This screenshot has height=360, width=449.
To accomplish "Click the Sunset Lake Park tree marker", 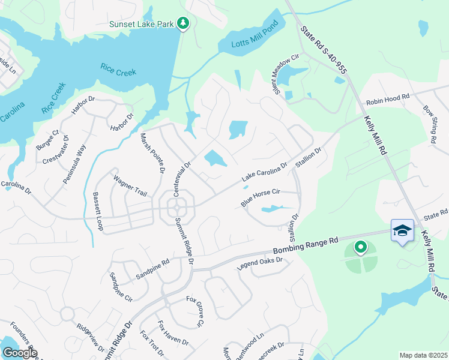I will click(183, 23).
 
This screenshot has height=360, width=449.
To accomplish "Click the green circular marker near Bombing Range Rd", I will click(360, 246).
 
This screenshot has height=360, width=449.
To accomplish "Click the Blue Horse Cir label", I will click(261, 196).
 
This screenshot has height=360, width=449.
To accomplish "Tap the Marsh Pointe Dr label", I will click(152, 154).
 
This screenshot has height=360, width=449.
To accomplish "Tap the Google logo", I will click(19, 353).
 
